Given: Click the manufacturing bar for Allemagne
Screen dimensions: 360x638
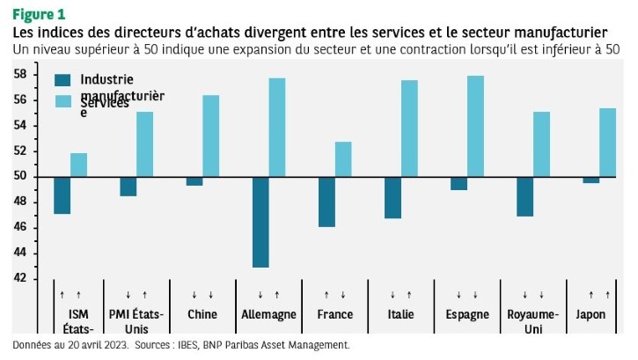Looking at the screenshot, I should [260, 222].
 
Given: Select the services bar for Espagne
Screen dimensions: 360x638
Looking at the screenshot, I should [475, 126].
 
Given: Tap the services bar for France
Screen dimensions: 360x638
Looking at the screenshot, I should [343, 159].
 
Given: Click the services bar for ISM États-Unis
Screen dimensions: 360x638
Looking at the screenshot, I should [79, 165].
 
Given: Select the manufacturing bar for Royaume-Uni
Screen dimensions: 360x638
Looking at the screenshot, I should [524, 196].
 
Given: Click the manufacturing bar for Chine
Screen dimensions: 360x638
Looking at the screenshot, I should [194, 181].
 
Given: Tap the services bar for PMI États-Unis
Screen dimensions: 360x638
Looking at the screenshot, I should [145, 144].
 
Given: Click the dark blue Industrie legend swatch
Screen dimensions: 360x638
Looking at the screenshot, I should [62, 79].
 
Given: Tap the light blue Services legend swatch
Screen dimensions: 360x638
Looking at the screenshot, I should [62, 101].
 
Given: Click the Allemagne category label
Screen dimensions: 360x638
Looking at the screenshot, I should [268, 314].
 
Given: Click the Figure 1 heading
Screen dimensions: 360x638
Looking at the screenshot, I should [38, 14].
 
